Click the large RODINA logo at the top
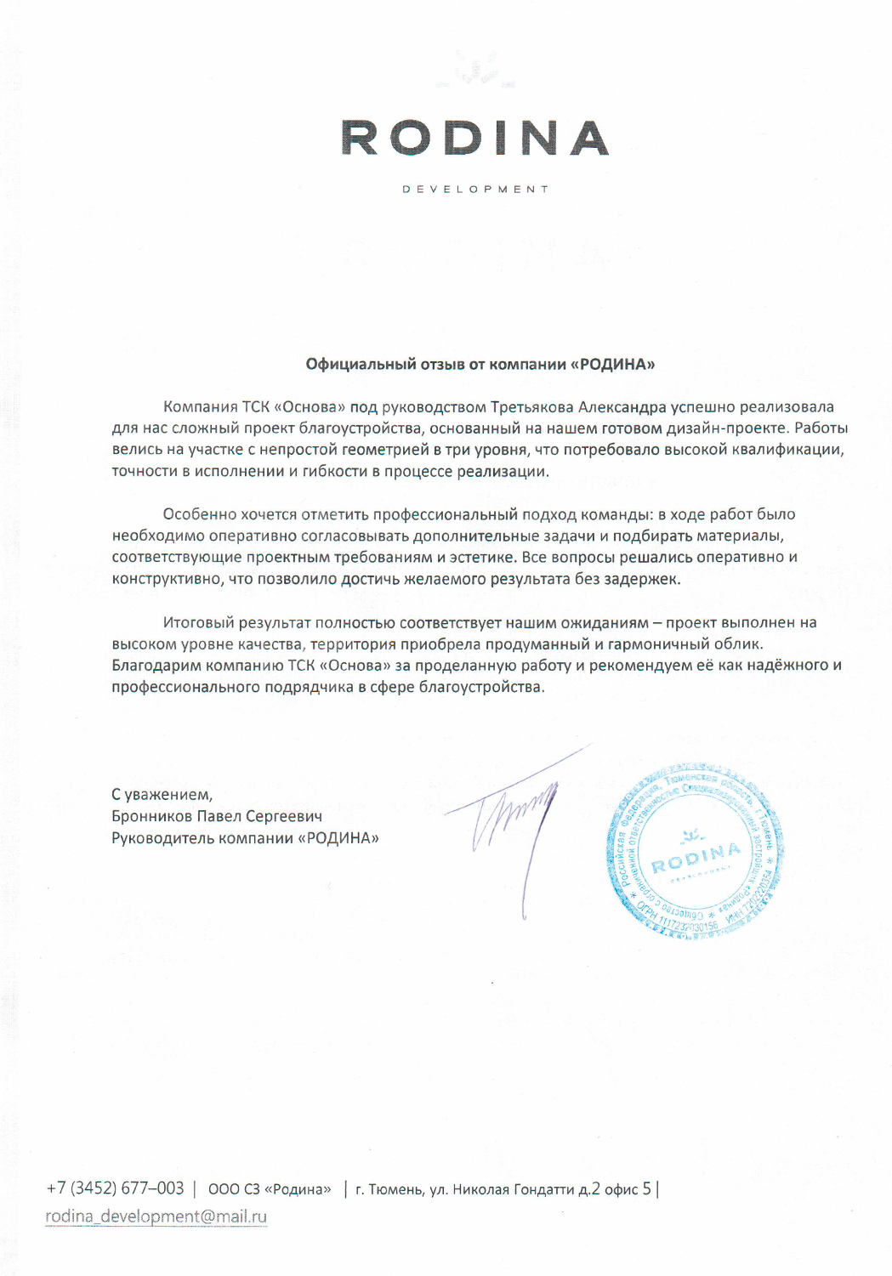[x=474, y=138]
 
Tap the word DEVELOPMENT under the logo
[x=475, y=189]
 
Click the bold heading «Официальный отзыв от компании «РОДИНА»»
[x=480, y=364]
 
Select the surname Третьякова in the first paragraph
[x=532, y=407]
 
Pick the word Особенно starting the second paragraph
[x=200, y=514]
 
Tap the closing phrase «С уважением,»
[x=162, y=795]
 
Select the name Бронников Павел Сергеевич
[x=217, y=817]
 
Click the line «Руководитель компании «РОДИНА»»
[x=245, y=838]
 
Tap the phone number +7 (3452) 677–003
[x=116, y=1188]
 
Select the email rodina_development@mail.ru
[x=156, y=1216]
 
